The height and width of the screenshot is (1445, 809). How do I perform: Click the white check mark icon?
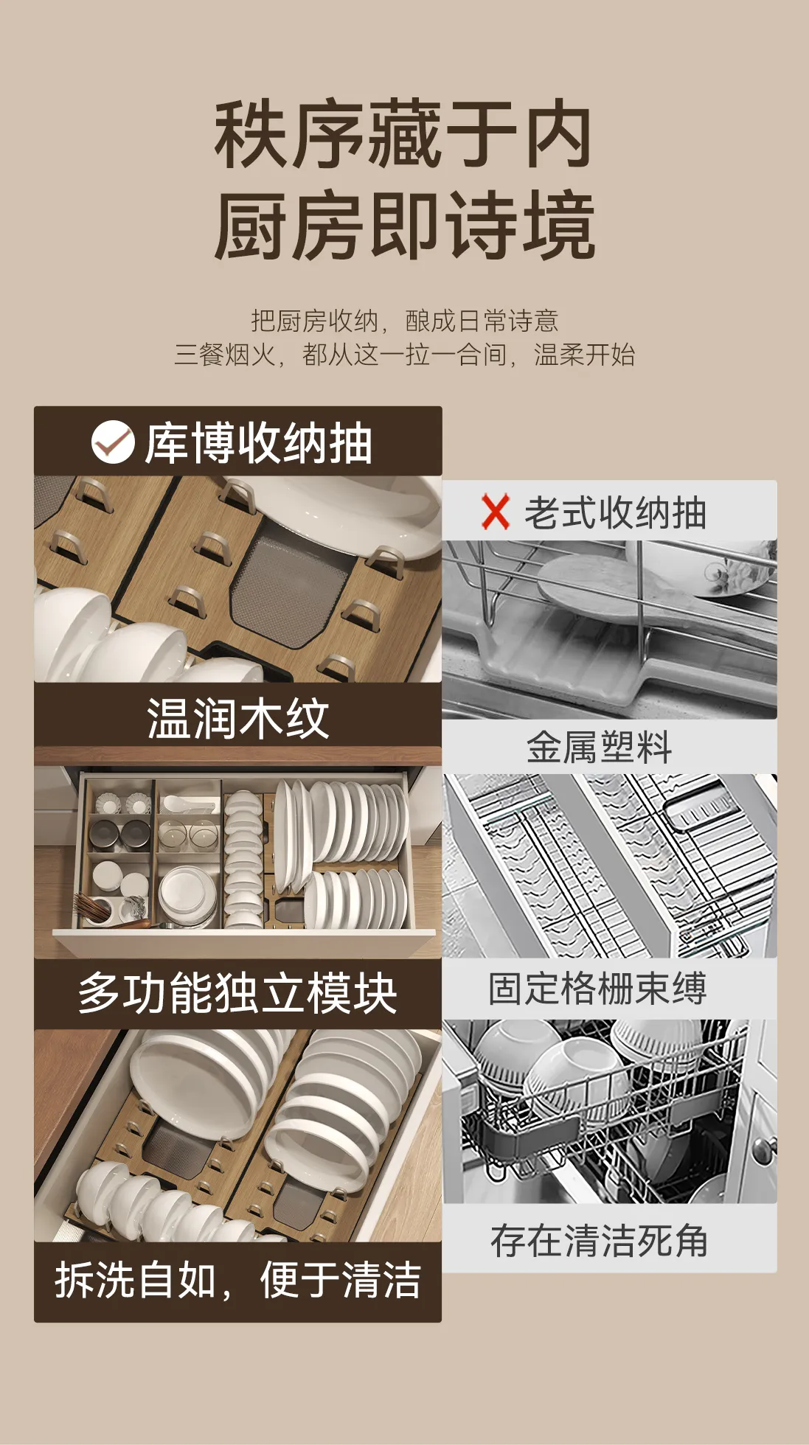(x=113, y=442)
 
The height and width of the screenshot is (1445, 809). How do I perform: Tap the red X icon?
(x=496, y=512)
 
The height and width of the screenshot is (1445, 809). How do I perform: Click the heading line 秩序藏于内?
(x=403, y=135)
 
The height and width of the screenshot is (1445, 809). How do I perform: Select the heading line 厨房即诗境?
(x=405, y=226)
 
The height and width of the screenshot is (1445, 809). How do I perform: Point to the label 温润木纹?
(x=237, y=718)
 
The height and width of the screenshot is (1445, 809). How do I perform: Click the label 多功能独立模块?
(x=237, y=993)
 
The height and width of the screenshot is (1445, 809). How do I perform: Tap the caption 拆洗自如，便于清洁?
(x=237, y=1280)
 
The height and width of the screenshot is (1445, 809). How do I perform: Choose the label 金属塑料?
(x=600, y=748)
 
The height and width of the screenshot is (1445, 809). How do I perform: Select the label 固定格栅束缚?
(x=597, y=989)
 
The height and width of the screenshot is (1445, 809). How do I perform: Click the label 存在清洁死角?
(x=599, y=1241)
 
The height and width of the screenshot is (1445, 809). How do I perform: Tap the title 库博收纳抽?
(x=258, y=443)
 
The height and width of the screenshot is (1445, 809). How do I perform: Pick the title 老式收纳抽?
(x=615, y=512)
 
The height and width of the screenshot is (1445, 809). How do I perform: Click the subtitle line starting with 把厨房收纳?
(x=404, y=321)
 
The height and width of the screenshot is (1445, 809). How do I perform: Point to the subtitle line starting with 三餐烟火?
(x=404, y=355)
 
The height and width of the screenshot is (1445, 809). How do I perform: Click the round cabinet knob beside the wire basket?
(x=764, y=1148)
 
